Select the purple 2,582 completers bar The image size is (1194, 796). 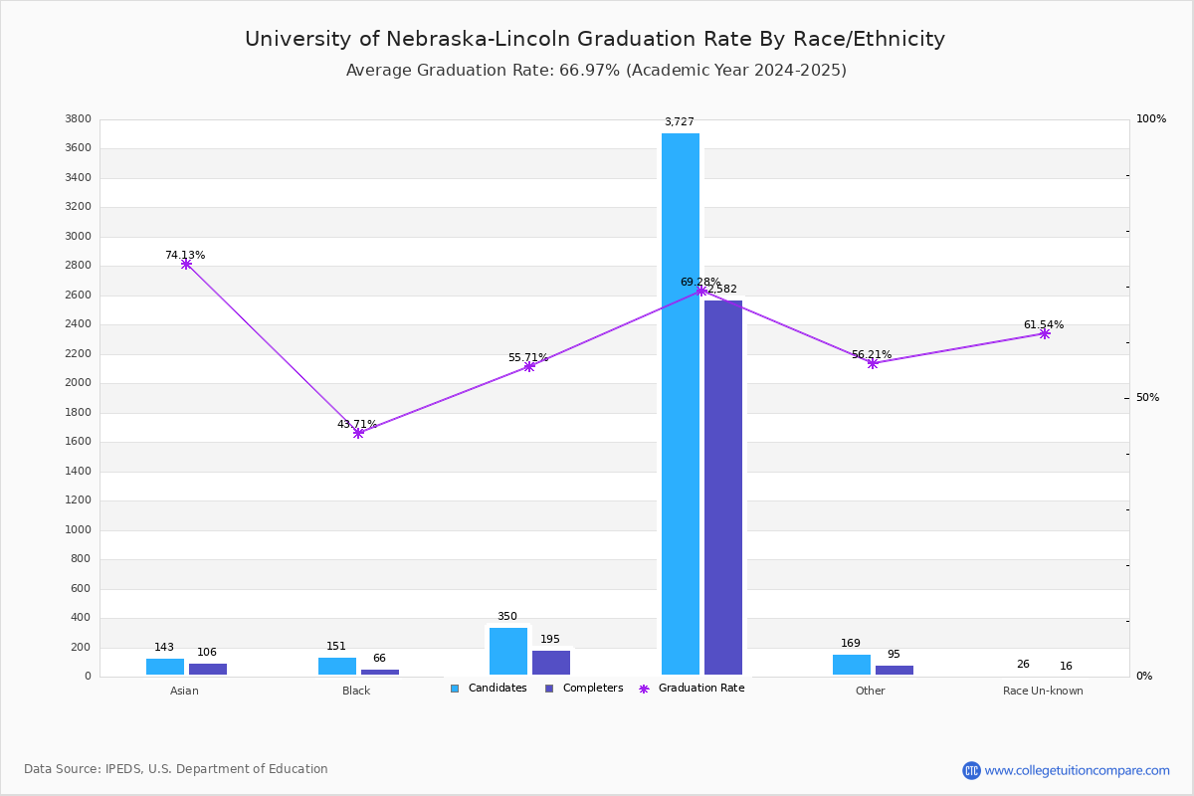[x=723, y=488]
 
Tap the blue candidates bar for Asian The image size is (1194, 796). [x=165, y=667]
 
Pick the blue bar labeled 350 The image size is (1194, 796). [x=508, y=652]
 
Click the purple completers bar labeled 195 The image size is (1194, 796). [x=551, y=663]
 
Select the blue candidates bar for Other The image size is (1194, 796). [x=852, y=665]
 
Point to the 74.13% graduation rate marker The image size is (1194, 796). [x=186, y=264]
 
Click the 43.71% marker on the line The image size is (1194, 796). [x=358, y=433]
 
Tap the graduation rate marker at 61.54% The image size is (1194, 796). [x=1045, y=333]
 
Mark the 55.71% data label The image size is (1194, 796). [x=528, y=357]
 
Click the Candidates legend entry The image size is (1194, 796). [x=489, y=689]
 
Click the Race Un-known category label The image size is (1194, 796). [x=1043, y=691]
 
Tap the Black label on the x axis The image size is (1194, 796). [x=356, y=691]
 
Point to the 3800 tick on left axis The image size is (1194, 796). [x=78, y=119]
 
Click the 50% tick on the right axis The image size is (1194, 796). [x=1147, y=398]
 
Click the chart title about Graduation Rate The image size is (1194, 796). [x=595, y=39]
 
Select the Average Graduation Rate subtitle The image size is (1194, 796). [x=596, y=71]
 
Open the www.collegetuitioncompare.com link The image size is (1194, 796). [x=1077, y=770]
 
